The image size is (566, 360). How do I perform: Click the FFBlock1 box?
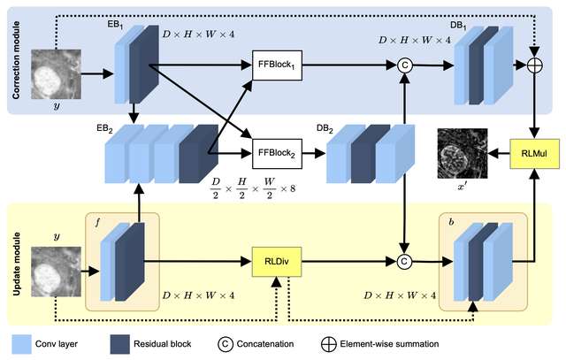[278, 65]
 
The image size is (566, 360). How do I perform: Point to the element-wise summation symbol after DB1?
[533, 65]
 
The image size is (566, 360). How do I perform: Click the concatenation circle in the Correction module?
[404, 65]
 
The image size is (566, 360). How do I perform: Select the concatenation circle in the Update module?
[404, 261]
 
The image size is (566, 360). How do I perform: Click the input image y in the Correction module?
[57, 73]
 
